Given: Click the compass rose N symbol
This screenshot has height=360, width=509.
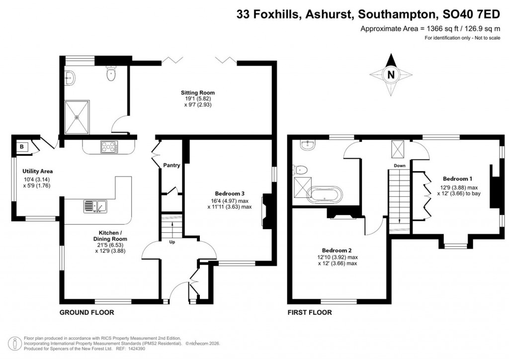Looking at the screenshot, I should point(391,76).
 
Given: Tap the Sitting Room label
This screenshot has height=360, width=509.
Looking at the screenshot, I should point(197,92).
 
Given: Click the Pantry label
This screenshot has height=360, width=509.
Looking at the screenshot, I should point(171,166).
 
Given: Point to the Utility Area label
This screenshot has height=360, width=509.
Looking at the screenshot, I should point(37,172).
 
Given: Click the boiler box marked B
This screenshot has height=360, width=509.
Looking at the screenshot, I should point(22,147).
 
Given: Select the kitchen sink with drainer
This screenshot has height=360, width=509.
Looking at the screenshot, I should point(94,205).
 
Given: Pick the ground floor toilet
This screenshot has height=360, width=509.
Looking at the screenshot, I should point(111,76).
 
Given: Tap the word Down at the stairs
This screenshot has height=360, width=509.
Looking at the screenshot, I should point(399,166).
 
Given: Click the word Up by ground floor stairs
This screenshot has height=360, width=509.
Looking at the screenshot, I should point(172,242).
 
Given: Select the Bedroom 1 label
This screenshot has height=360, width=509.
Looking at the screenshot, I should point(457,179).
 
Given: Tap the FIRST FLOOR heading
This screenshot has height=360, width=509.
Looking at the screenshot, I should point(309,313).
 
